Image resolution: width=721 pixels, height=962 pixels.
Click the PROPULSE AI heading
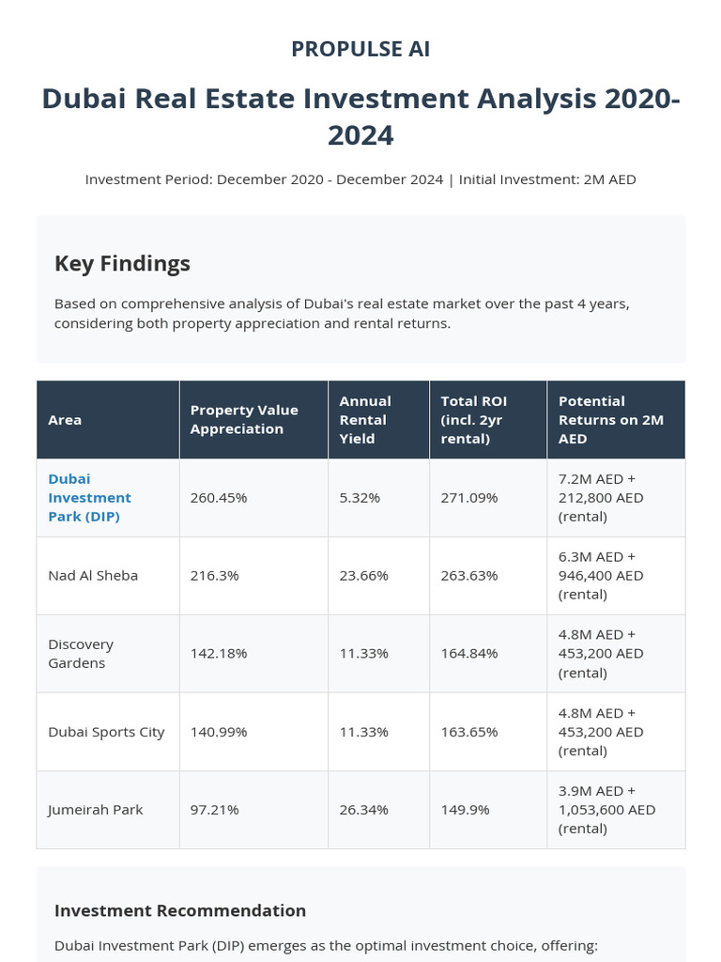coord(360,49)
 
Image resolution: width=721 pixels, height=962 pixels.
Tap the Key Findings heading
coord(122,263)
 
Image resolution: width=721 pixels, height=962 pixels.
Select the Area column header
coord(65,420)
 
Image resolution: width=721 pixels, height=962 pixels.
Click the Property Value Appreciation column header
coord(244,419)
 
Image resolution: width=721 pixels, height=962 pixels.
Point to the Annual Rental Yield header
coord(365,419)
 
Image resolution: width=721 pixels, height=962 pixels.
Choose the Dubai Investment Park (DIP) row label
coord(90,497)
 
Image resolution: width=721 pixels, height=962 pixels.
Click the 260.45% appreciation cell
coord(219,498)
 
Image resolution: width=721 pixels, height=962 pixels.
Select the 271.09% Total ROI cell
coord(469,498)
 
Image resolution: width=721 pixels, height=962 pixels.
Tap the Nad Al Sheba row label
coord(93,575)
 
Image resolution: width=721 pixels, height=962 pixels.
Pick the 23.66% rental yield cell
coord(364,575)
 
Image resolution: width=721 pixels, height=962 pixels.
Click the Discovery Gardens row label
coord(81,653)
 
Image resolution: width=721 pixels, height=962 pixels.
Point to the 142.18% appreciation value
coord(219,653)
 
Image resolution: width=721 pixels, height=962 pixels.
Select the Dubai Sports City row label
coord(106,732)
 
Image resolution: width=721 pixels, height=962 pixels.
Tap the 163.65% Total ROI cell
coord(469,732)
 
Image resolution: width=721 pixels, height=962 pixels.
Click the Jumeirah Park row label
coord(96,810)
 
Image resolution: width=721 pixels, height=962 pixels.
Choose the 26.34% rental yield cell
coord(364,810)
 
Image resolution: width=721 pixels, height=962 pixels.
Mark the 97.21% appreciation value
coord(215,810)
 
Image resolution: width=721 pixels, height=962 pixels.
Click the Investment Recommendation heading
coord(180,910)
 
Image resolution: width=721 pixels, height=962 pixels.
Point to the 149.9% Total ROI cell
coord(466,810)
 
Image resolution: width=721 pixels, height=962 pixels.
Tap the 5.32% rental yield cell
coord(360,498)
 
